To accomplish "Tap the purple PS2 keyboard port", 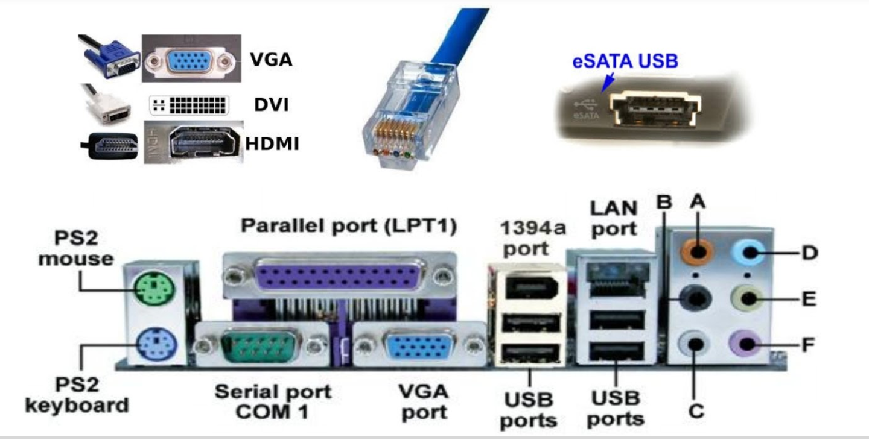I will coord(155,345).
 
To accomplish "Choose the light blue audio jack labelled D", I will coord(748,250).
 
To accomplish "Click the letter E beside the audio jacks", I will coord(809,298).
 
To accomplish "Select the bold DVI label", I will coord(272,105).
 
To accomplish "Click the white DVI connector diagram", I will coord(189,105).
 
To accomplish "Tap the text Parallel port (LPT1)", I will coord(349,227).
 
